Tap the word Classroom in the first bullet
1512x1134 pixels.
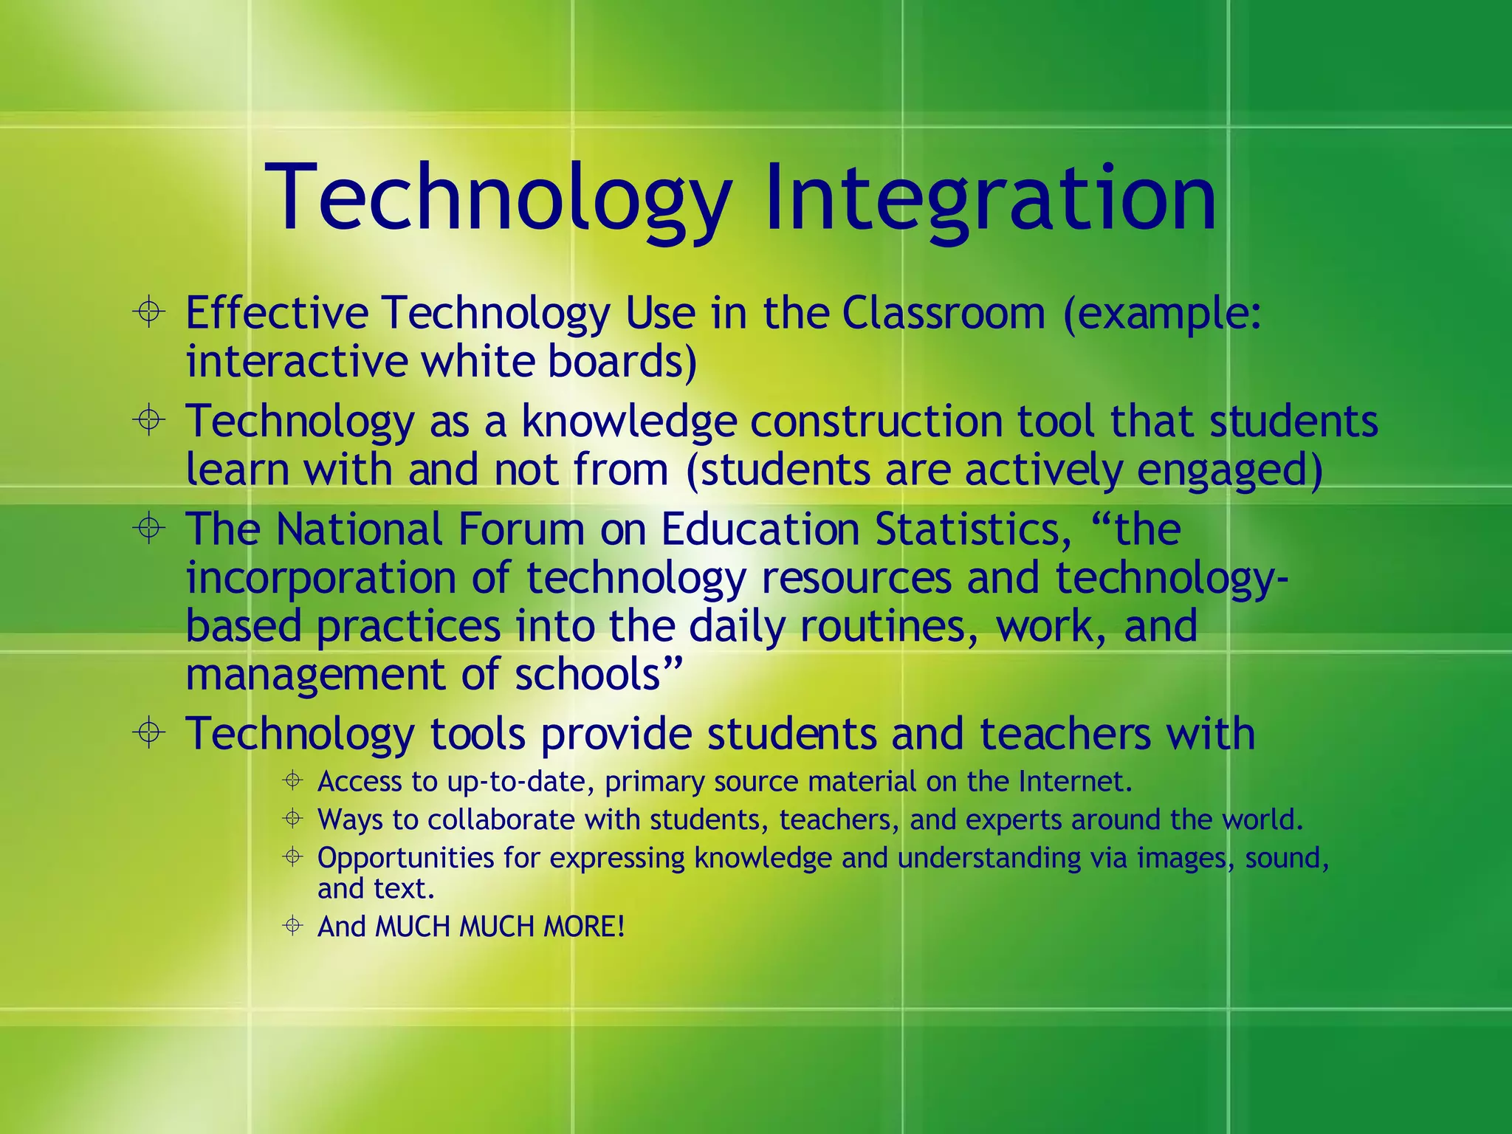point(944,313)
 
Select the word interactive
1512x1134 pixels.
point(296,362)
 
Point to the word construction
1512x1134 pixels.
point(876,421)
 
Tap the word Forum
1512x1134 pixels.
point(521,529)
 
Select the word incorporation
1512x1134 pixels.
point(320,577)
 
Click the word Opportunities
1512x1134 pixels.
point(405,858)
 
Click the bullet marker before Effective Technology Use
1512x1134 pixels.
point(149,312)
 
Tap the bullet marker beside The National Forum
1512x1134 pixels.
point(149,529)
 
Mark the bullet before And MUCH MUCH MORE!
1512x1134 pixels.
point(293,925)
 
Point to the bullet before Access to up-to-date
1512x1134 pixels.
point(293,780)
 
